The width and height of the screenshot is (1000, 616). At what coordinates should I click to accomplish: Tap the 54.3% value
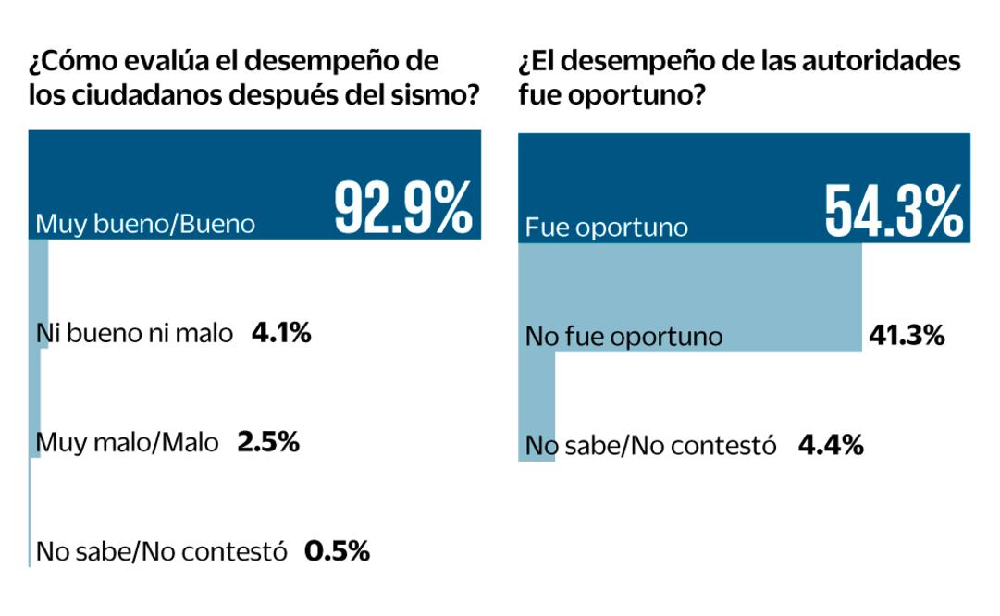[893, 211]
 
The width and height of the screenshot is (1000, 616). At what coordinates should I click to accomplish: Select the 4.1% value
[281, 332]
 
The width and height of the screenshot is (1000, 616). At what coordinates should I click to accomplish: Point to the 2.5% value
[268, 442]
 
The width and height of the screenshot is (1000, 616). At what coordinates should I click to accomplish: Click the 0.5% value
[338, 552]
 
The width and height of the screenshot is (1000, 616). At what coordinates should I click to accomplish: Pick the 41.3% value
[907, 335]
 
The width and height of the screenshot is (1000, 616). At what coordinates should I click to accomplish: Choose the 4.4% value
[831, 446]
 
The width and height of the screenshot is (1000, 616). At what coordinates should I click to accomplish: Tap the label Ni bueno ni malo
[135, 333]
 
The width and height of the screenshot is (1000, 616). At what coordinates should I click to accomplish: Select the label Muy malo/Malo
[128, 443]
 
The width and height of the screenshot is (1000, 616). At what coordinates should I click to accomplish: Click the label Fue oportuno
[607, 227]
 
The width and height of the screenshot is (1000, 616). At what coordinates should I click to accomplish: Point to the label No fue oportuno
[623, 336]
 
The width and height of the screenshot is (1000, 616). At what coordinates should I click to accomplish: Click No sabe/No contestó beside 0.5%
[162, 552]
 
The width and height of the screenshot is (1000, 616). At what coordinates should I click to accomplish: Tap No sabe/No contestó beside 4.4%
[650, 446]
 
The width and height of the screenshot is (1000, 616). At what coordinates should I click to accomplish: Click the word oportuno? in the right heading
[638, 95]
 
